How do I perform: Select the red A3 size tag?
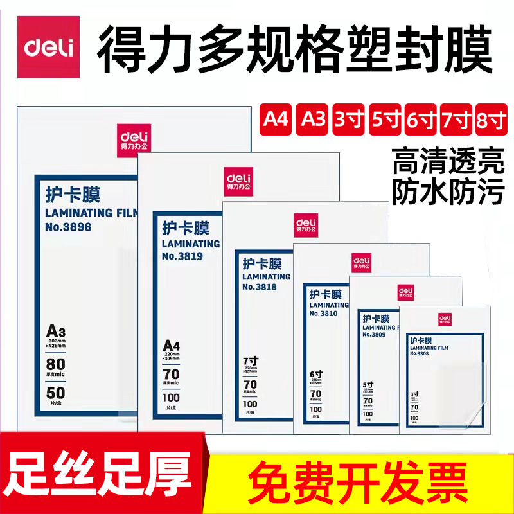coord(313,119)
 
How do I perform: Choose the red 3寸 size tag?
coord(348,119)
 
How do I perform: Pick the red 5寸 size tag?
coord(385,119)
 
